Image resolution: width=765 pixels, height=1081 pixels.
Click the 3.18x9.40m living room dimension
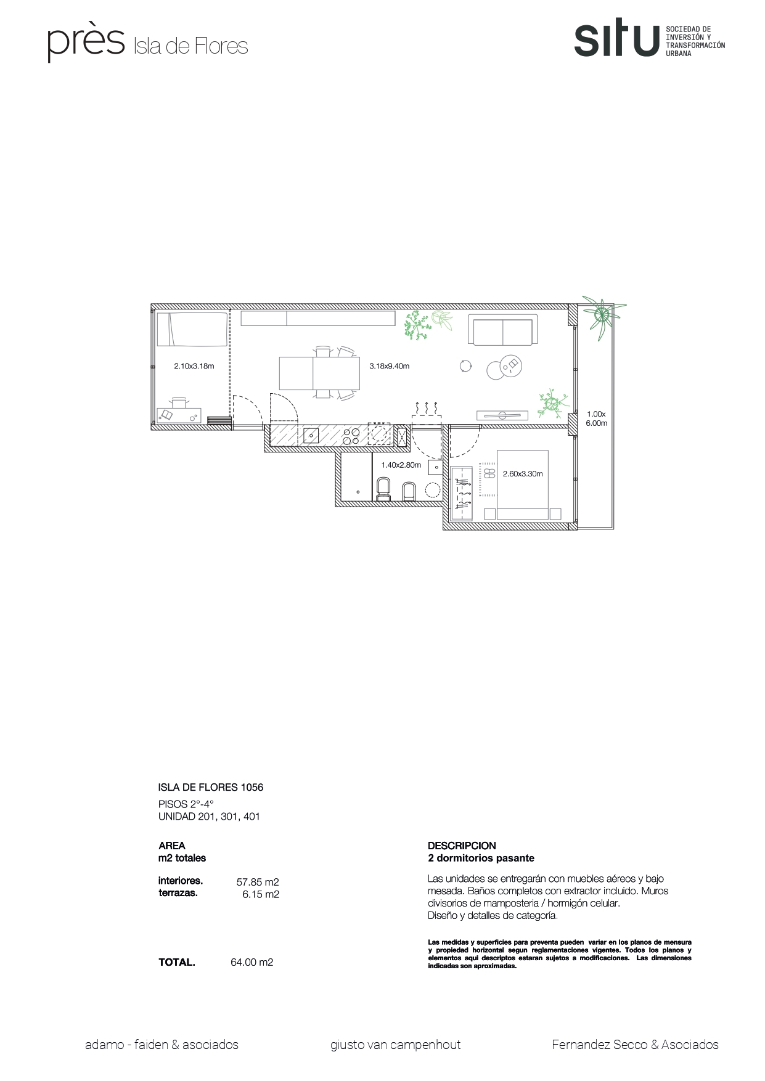(389, 366)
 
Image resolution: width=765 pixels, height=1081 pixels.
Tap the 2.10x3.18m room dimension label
(194, 366)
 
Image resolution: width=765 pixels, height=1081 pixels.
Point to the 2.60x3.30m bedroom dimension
(522, 474)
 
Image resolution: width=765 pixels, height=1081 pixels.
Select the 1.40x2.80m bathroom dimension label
(401, 465)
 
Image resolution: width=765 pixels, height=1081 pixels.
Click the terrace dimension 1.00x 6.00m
(596, 418)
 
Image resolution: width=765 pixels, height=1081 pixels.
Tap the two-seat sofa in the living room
(503, 330)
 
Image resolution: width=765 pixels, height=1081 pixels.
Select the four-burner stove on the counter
(351, 436)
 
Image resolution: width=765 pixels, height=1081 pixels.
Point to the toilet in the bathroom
(383, 489)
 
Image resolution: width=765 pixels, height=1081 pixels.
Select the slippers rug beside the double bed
(488, 474)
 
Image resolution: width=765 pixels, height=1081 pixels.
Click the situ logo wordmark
(616, 40)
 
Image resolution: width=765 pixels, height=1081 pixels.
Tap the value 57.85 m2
(258, 882)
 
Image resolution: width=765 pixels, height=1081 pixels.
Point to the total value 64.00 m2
(252, 962)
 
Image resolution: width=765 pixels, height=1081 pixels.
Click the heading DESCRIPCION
(462, 846)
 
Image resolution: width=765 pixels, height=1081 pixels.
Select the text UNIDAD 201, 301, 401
(209, 817)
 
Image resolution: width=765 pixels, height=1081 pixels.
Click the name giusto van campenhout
(395, 1045)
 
